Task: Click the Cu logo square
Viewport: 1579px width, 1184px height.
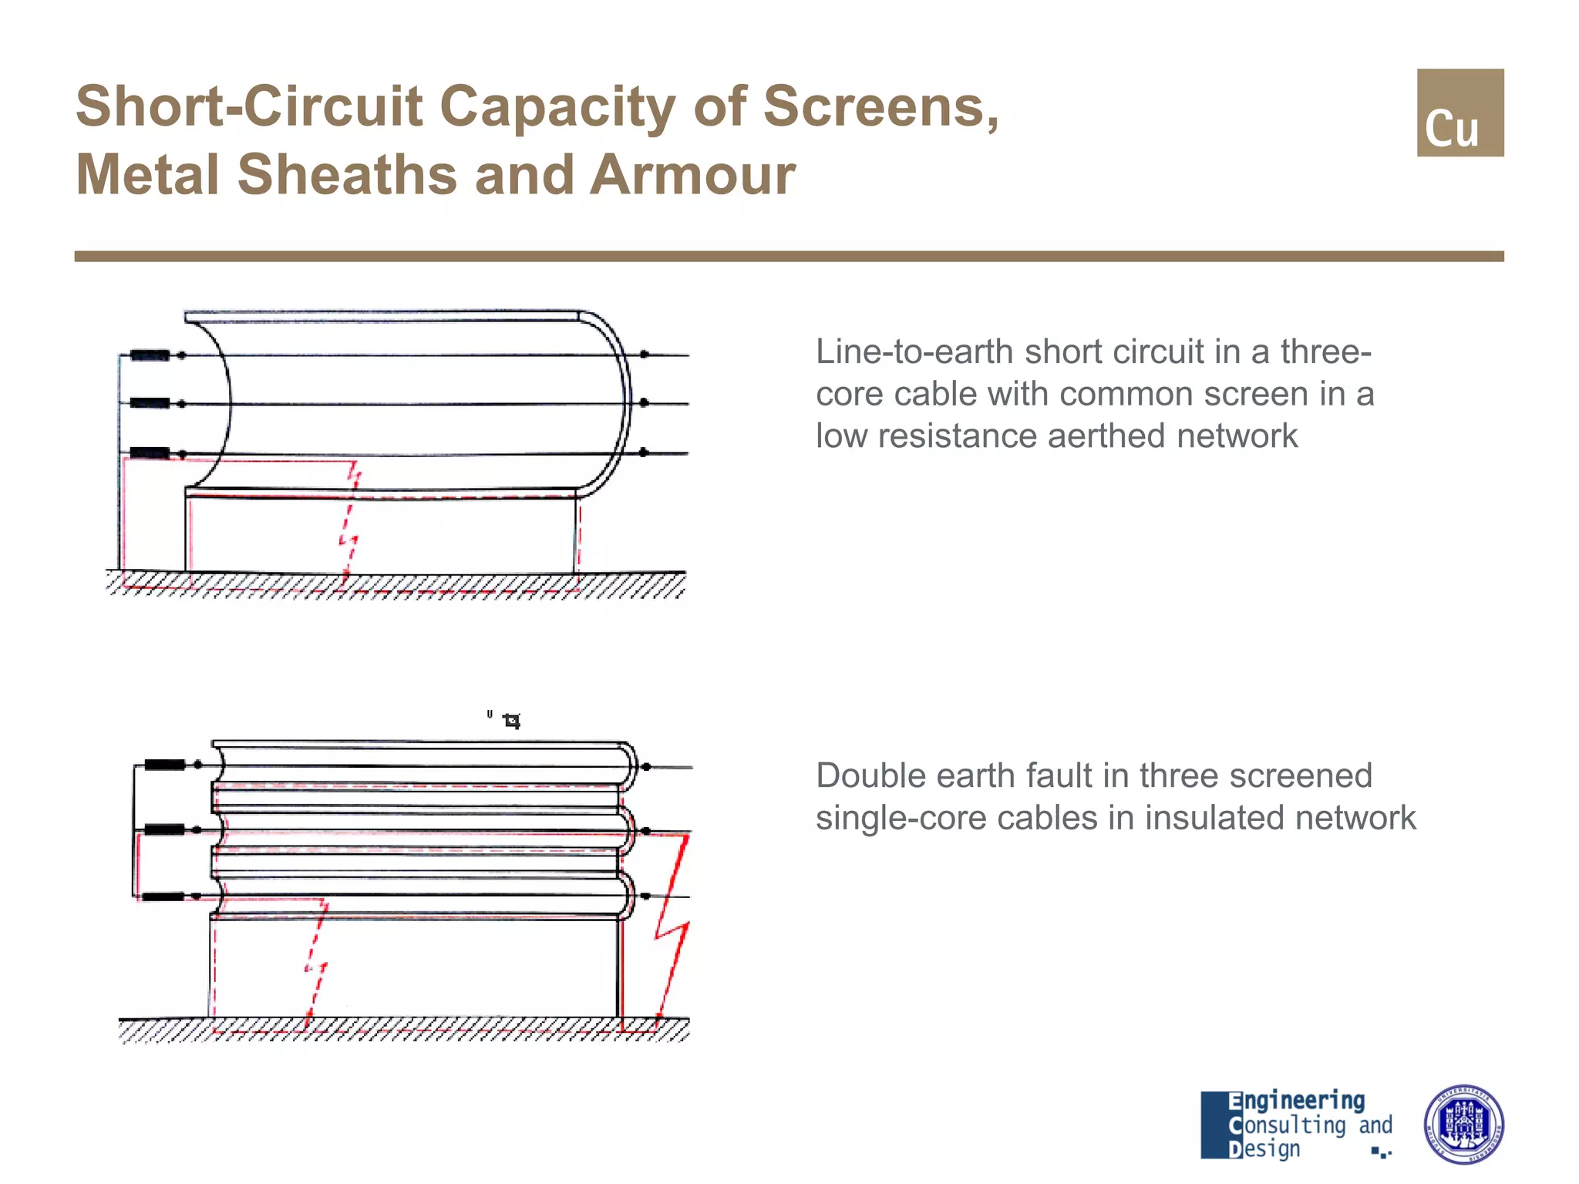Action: (1459, 113)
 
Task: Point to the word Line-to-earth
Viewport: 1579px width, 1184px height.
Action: (914, 352)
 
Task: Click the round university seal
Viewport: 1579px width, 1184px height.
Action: (1463, 1124)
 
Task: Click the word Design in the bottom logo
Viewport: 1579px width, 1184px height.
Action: (1264, 1149)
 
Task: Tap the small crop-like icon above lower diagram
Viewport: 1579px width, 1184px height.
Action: (511, 721)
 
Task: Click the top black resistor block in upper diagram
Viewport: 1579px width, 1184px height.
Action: (150, 355)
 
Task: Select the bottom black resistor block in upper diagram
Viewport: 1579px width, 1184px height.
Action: (150, 453)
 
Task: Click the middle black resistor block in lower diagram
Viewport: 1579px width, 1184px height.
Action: (164, 830)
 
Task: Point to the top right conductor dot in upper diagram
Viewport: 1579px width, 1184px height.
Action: (645, 355)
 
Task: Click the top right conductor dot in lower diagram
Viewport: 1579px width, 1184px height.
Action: (646, 767)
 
